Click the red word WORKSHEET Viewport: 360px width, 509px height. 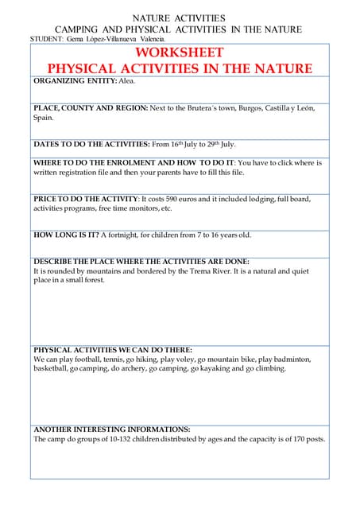[x=180, y=52]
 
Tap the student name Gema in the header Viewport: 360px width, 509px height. [x=75, y=38]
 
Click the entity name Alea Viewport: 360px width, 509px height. [x=127, y=81]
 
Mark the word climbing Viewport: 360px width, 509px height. [x=269, y=369]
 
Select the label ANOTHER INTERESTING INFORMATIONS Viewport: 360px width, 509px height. [x=111, y=429]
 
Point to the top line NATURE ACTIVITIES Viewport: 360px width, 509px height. [x=179, y=17]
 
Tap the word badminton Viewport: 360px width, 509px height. [x=290, y=359]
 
